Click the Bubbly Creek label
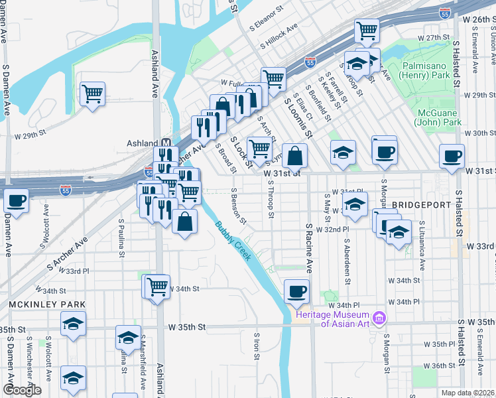(x=232, y=239)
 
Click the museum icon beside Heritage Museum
(x=379, y=319)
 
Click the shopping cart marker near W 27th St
(x=366, y=30)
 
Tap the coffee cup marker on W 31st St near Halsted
(x=452, y=157)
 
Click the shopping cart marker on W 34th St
(x=157, y=287)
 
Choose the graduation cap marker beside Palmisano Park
(x=357, y=64)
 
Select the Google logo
(x=22, y=390)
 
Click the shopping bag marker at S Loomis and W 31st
(x=296, y=156)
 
